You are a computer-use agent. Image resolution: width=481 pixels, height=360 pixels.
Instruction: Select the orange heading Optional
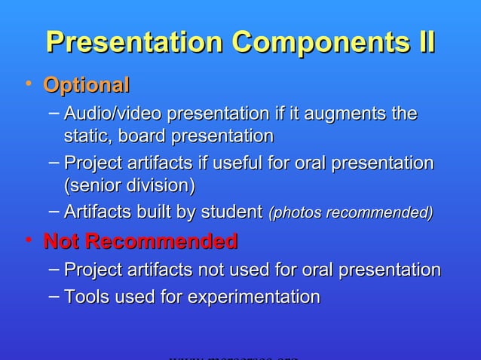point(87,85)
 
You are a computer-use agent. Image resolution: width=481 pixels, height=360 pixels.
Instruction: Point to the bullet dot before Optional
point(28,84)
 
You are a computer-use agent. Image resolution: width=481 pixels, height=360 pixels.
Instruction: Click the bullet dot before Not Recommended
point(28,240)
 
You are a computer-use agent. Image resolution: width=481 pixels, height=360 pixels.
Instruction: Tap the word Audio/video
point(112,114)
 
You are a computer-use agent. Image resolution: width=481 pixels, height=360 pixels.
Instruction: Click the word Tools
point(86,297)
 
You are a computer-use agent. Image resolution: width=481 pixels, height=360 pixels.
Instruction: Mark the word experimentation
point(253,297)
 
